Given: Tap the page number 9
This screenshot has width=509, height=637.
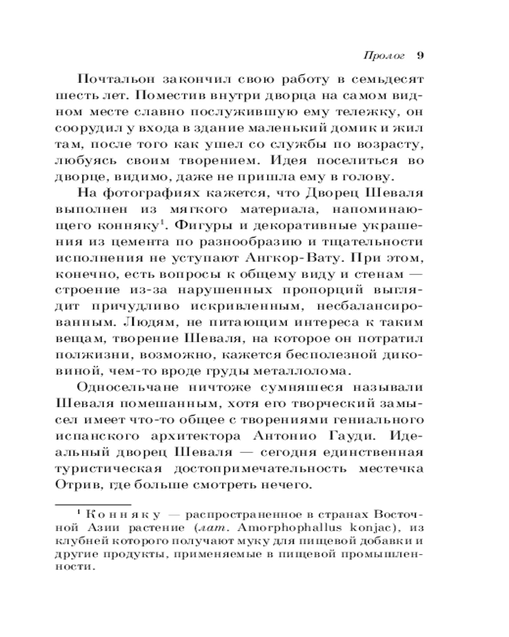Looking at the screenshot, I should (x=420, y=54).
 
